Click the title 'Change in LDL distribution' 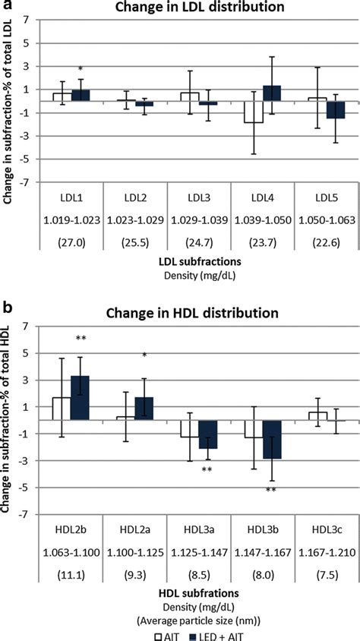tap(196, 8)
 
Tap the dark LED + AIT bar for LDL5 tap(336, 109)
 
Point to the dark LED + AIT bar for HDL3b tap(273, 440)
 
